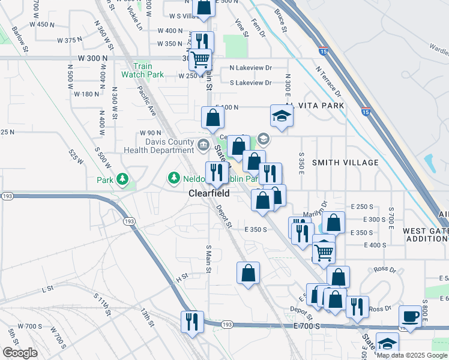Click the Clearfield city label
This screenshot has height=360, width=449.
click(209, 194)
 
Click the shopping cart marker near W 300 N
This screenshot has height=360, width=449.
click(200, 59)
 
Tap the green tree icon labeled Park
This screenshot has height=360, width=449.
click(122, 179)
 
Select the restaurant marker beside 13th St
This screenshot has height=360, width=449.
click(192, 320)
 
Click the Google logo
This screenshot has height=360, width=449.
click(20, 353)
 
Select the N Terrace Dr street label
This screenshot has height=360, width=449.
click(328, 81)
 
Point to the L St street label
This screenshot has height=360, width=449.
click(47, 289)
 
